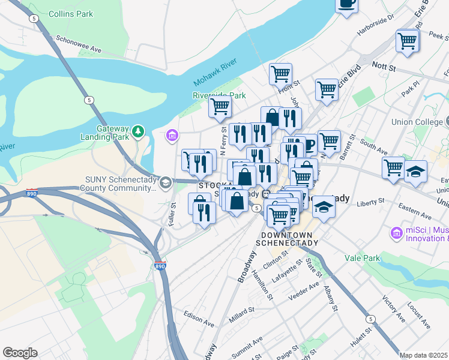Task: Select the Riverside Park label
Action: (x=219, y=95)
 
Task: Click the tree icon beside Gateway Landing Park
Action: (x=138, y=130)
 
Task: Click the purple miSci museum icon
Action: (x=396, y=232)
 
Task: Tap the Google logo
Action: (x=20, y=353)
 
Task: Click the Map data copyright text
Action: (x=424, y=355)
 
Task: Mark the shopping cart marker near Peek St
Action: (x=407, y=41)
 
